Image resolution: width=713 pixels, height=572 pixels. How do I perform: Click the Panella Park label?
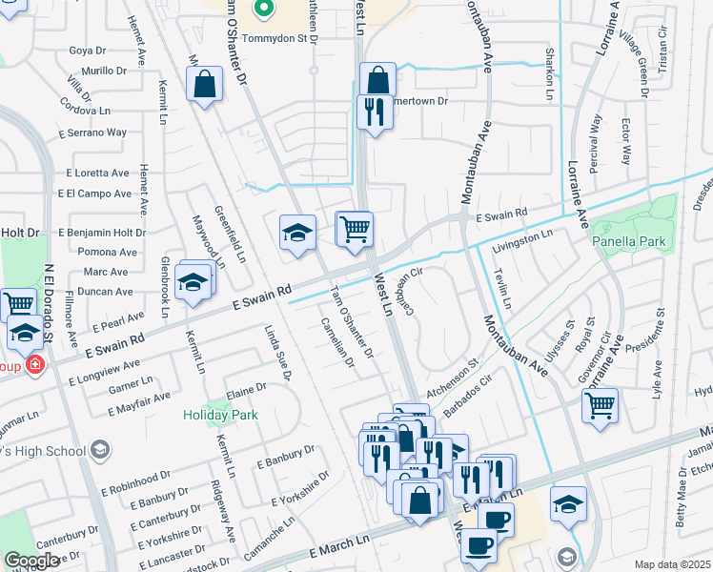point(628,242)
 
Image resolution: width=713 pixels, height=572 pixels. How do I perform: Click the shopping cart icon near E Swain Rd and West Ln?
point(355,229)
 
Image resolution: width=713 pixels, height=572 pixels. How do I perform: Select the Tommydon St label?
point(278,39)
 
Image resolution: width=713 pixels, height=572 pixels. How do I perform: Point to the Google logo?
point(32,561)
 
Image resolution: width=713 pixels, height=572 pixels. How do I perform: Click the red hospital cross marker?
point(35,364)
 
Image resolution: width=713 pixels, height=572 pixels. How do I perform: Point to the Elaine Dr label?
point(245,391)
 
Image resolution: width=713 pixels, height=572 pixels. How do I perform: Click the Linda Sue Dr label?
point(278,356)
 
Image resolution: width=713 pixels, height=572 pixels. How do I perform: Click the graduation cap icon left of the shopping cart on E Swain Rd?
point(297,233)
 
